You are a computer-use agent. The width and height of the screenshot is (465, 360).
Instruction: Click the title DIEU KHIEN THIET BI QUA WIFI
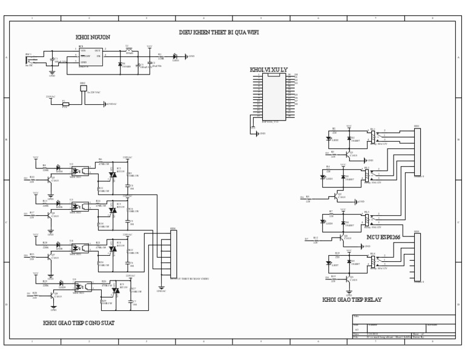(219, 32)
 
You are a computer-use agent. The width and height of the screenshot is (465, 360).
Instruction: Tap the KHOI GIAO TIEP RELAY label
(352, 299)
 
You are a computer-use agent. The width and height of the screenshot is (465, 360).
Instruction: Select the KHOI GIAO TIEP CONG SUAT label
(78, 323)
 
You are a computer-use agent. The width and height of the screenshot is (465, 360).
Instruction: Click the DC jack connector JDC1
(30, 59)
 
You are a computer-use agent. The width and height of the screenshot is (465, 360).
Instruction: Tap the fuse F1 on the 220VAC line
(65, 104)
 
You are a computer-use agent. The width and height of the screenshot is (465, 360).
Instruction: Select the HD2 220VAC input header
(83, 89)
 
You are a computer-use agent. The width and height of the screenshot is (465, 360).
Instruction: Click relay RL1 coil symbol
(373, 137)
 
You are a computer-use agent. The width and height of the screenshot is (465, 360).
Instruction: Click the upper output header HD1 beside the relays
(417, 152)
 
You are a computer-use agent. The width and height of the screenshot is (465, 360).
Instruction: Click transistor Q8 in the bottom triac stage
(53, 296)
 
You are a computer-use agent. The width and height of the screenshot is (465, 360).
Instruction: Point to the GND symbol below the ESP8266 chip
(254, 133)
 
